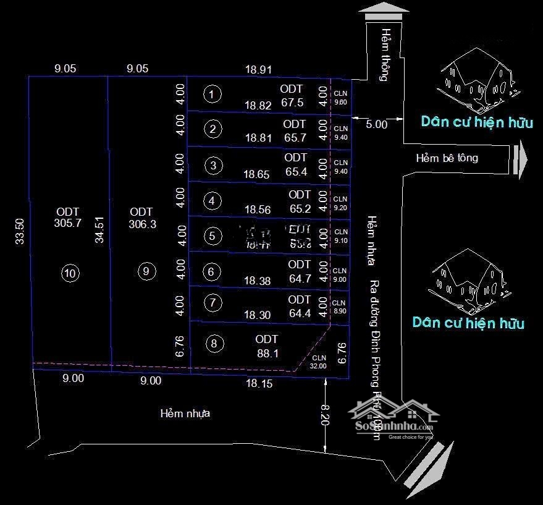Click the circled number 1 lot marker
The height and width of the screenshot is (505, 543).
pyautogui.click(x=212, y=95)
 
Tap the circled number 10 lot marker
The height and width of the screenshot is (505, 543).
pyautogui.click(x=71, y=273)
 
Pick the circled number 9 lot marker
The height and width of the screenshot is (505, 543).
pyautogui.click(x=145, y=271)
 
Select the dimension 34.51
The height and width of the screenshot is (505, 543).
pyautogui.click(x=99, y=229)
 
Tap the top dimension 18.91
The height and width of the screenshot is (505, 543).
pyautogui.click(x=258, y=70)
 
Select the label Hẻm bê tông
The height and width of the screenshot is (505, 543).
pyautogui.click(x=447, y=158)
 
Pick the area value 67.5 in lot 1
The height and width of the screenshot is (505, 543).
pyautogui.click(x=292, y=103)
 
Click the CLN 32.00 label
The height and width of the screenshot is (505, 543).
pyautogui.click(x=319, y=362)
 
